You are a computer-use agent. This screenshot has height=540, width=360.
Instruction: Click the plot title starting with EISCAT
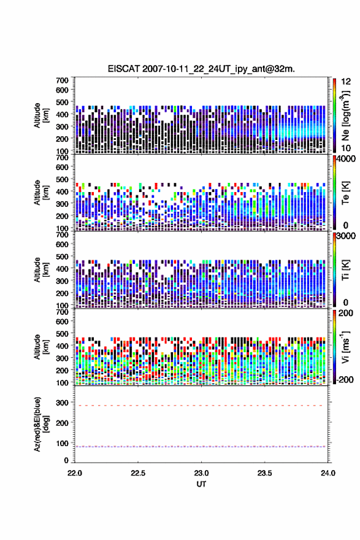click(201, 69)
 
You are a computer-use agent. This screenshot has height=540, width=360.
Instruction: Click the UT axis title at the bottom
click(201, 484)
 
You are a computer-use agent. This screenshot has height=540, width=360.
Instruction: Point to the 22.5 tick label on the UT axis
click(138, 473)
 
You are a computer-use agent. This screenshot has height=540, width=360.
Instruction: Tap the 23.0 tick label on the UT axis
click(201, 473)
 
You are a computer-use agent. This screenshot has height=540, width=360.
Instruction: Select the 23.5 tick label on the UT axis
click(265, 473)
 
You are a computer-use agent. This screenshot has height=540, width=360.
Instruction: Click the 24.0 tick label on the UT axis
click(328, 473)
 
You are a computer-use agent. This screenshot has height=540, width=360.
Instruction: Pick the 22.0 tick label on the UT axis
click(75, 473)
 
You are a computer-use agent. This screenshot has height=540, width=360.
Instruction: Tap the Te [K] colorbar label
click(345, 193)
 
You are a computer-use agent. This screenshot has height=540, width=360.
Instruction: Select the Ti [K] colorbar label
click(345, 270)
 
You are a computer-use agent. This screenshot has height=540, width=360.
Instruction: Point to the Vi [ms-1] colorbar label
click(345, 347)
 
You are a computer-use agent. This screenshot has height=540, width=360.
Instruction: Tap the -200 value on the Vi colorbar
click(343, 379)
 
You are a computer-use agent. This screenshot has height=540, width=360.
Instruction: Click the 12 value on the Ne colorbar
click(346, 82)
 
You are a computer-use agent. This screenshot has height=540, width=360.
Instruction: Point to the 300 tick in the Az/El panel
click(63, 403)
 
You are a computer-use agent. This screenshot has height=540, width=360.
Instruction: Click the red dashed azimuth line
click(201, 406)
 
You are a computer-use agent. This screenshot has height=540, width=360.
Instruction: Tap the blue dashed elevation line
click(201, 447)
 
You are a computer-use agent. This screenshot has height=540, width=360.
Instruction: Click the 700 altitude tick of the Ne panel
click(63, 80)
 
